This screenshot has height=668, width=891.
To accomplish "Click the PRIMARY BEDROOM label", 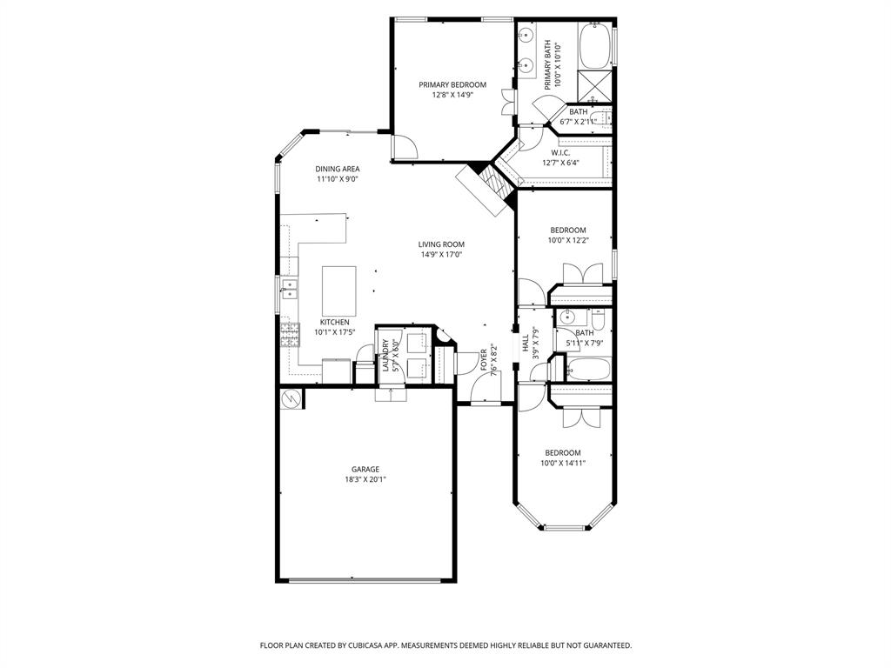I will tap(452, 84).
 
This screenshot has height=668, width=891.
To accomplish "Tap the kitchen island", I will tap(338, 284).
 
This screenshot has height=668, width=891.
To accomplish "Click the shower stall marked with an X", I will tap(596, 86).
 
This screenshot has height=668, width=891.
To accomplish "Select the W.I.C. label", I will tap(559, 152).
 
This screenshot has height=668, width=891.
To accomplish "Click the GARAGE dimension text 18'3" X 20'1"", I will tap(365, 479).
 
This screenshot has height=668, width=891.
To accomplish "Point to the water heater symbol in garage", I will tap(291, 398).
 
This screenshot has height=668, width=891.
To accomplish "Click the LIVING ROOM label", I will tap(441, 244).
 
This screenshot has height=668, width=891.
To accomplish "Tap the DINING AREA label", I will tap(338, 169).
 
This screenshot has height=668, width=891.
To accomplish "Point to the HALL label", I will tap(526, 345).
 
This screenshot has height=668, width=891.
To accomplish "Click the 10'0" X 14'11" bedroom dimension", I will tap(563, 464).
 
